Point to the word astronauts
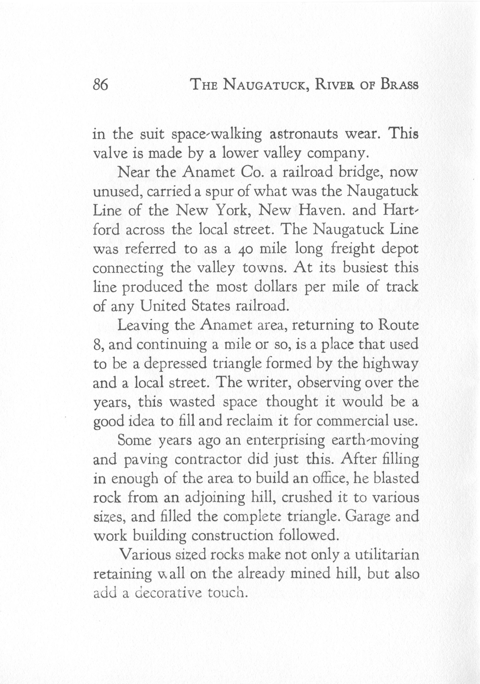coord(304,134)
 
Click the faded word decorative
coord(168,593)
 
